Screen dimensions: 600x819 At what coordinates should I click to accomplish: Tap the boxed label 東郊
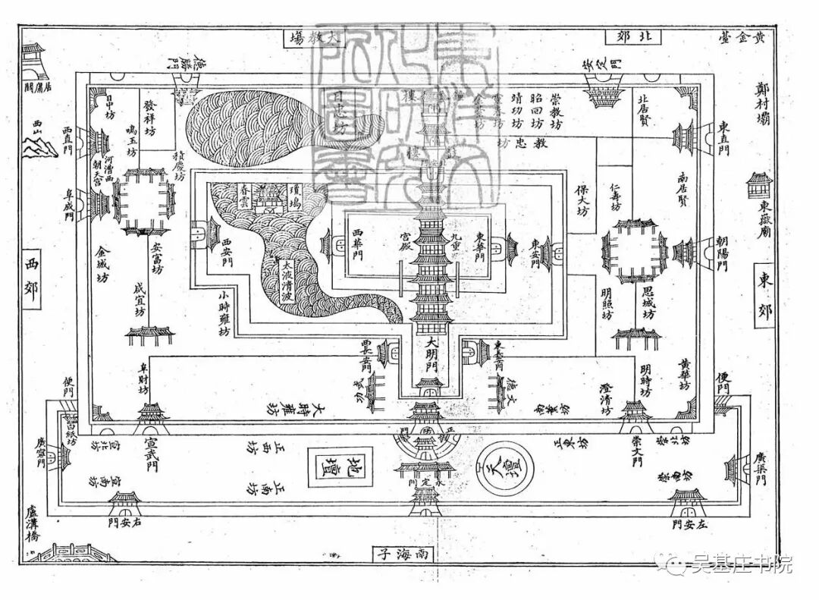pos(764,294)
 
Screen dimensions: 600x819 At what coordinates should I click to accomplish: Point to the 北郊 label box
pos(627,36)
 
